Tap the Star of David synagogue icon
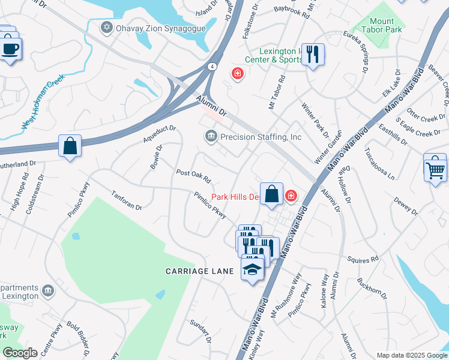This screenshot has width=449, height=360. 107,28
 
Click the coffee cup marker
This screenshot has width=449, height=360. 10,48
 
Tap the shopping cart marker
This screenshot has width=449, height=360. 435,168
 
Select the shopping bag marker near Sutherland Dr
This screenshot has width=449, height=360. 70,146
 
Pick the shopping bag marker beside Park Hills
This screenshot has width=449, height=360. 272,194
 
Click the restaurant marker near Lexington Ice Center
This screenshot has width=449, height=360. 312,55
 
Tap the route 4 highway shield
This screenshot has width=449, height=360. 212,67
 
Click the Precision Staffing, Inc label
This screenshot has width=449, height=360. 261,137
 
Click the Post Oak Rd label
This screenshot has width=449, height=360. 194,176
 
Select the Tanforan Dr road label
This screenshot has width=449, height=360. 126,200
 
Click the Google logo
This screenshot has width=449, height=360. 20,353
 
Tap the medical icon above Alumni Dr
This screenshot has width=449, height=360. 238,74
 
